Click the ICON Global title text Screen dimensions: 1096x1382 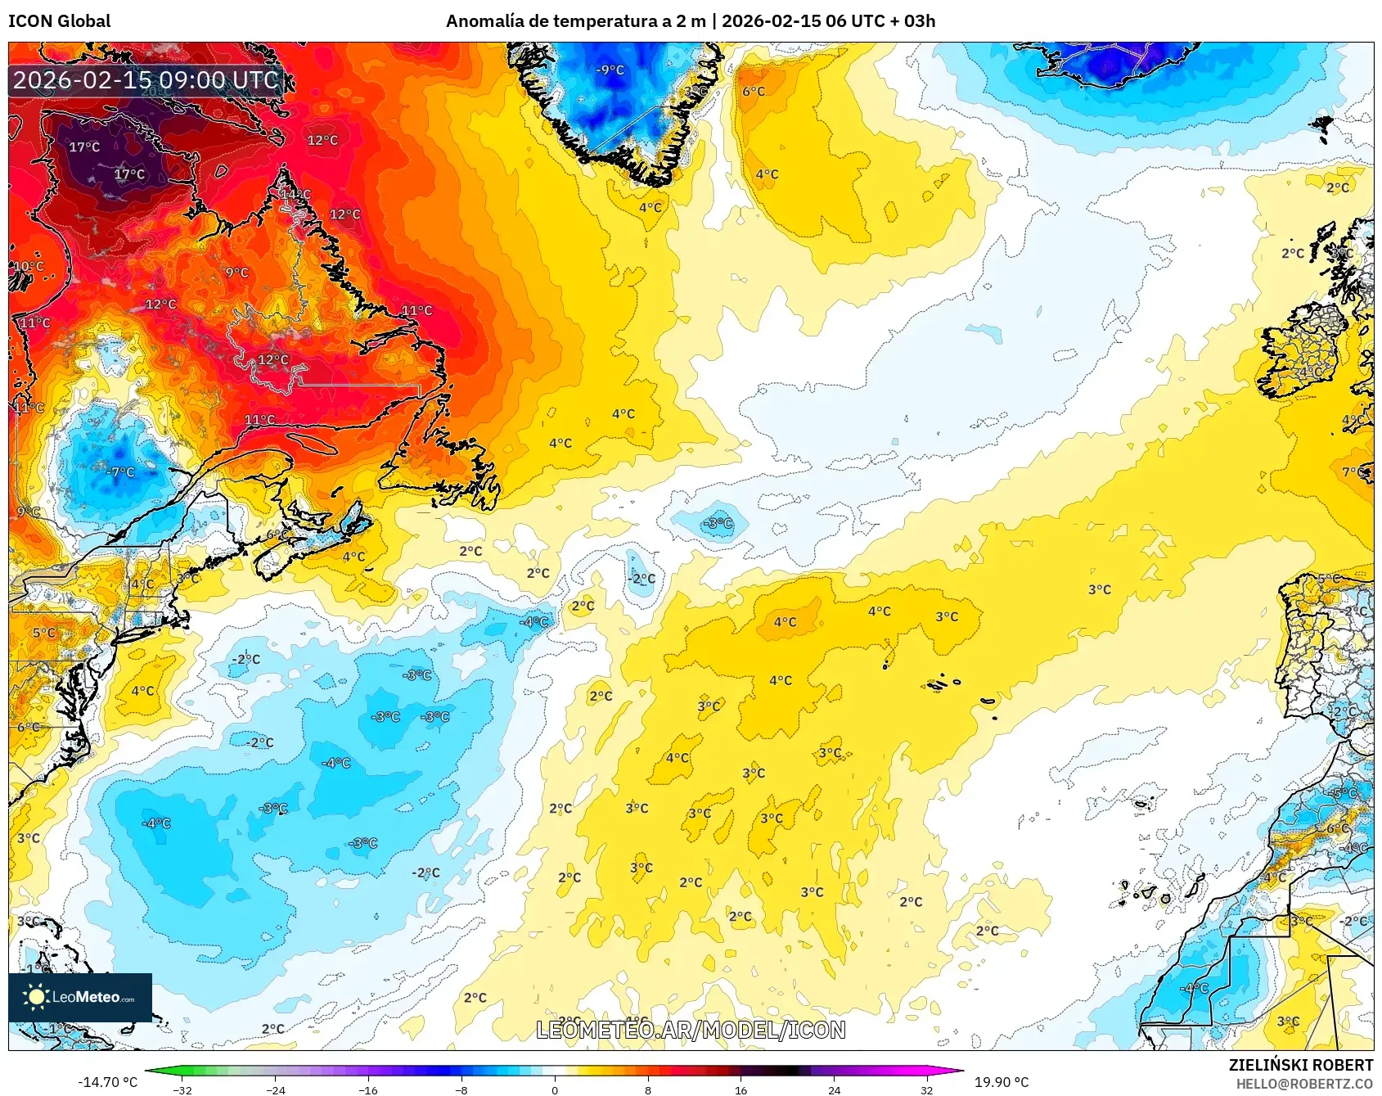pos(59,21)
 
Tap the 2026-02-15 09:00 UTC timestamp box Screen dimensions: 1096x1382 pos(146,80)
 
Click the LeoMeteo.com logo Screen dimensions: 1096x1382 pos(80,997)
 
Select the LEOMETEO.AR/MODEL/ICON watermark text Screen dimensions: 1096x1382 pos(691,1030)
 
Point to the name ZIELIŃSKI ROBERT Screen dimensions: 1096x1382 pos(1300,1065)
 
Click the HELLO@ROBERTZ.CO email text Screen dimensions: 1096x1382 pos(1303,1084)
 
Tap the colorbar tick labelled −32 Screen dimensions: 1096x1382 pos(182,1089)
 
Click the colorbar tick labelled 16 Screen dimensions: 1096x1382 pos(741,1089)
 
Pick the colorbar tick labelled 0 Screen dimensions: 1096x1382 pos(555,1089)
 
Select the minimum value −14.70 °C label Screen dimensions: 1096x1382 pos(107,1082)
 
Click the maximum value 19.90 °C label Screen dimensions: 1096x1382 pos(1001,1082)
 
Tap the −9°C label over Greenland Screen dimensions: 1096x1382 pos(610,70)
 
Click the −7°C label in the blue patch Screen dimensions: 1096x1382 pos(120,472)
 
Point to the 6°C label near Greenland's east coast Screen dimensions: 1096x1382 pos(754,92)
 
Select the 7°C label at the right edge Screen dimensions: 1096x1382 pos(1354,472)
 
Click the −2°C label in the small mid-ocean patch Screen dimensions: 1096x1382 pos(642,579)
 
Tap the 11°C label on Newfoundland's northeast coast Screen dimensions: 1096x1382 pos(416,310)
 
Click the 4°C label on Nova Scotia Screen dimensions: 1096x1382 pos(353,557)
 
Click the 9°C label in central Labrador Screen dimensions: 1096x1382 pos(237,273)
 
